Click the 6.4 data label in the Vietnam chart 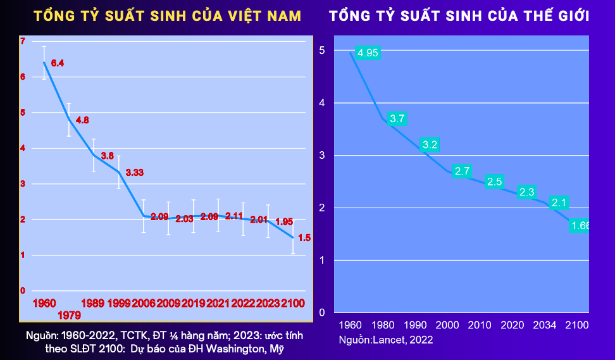coord(58,63)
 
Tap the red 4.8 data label coord(82,120)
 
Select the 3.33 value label coord(134,172)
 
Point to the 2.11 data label coord(234,216)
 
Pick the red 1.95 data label coord(284,221)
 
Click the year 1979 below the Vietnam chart coord(69,315)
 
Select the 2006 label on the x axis coord(144,303)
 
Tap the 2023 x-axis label coord(268,303)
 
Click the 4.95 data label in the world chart coord(368,53)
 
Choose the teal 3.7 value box coord(397,118)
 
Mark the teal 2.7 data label coord(463,171)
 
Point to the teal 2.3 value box coord(526,192)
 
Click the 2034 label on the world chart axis coord(544,325)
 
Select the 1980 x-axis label coord(382,325)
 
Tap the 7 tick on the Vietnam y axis coord(23,42)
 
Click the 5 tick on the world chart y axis coord(322,50)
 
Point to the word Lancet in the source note coord(393,340)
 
